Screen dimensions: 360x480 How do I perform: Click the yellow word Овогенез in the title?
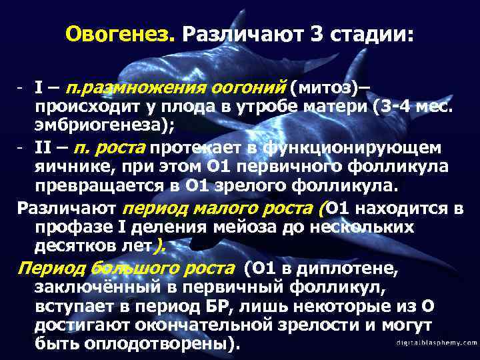tap(119, 33)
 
